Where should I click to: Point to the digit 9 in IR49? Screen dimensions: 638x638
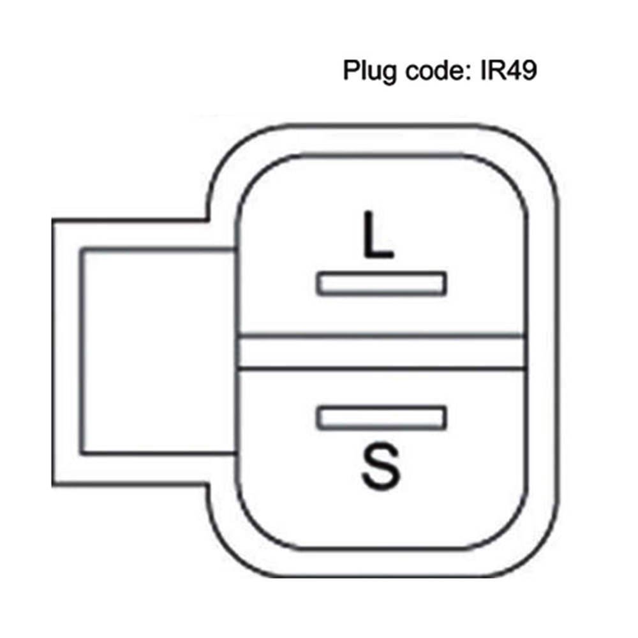pos(528,70)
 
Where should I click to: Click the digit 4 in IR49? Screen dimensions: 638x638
pos(514,70)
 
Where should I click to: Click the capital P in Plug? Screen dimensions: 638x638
pos(350,70)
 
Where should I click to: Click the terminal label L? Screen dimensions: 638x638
pos(377,236)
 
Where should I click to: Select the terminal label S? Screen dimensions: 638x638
pos(380,467)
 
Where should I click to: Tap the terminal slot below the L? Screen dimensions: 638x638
pos(381,283)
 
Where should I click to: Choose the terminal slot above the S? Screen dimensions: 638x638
pos(381,417)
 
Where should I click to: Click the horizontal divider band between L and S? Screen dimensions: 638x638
pos(381,352)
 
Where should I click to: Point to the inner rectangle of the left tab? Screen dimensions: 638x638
pos(156,352)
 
